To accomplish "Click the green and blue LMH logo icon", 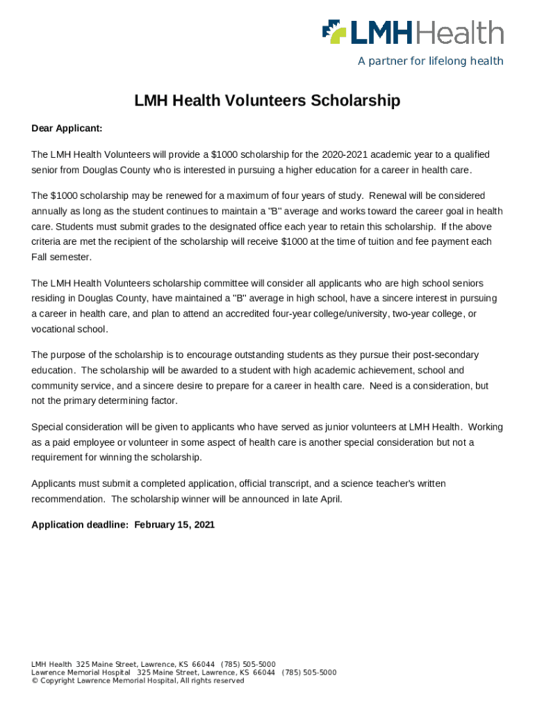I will click(x=334, y=31).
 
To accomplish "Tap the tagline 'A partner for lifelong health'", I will click(x=430, y=61).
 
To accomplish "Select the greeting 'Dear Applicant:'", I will click(x=67, y=129).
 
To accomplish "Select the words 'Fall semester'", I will click(x=61, y=257).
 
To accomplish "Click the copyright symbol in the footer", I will click(x=34, y=681).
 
